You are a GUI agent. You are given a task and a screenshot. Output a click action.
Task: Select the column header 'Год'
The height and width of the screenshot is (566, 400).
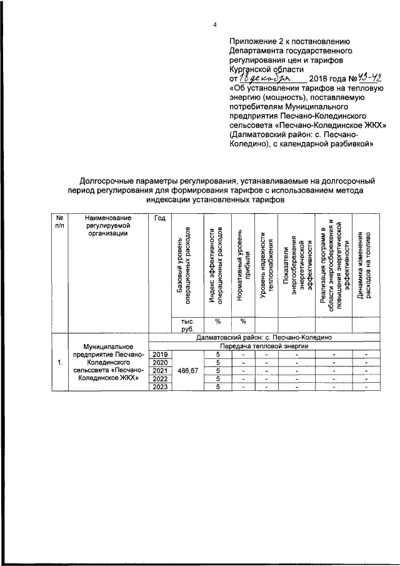tap(159, 218)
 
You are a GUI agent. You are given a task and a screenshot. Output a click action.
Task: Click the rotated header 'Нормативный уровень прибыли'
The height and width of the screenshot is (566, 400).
tap(243, 266)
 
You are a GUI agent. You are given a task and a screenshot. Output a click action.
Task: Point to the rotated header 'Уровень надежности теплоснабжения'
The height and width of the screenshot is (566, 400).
tap(266, 266)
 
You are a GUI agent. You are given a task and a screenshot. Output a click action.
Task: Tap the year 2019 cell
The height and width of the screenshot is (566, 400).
tap(159, 355)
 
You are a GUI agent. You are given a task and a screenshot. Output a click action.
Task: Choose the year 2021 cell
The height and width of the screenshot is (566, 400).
tap(159, 371)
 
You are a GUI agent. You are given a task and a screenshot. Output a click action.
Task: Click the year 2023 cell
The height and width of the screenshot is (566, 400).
tap(159, 387)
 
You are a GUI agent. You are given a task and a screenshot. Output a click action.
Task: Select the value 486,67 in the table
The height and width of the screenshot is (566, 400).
tap(188, 371)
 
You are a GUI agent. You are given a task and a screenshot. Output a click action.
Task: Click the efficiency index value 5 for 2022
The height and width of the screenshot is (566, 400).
tap(219, 378)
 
